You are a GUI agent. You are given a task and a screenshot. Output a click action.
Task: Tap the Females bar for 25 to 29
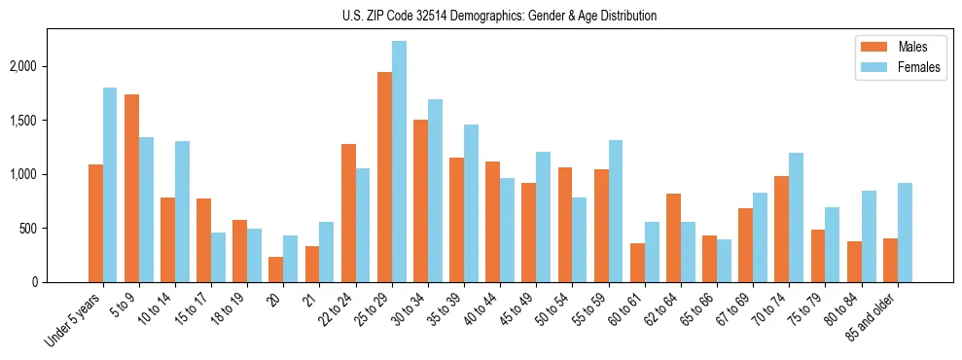[x=399, y=162]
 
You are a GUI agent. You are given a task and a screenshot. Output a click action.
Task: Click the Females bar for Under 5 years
[x=110, y=185]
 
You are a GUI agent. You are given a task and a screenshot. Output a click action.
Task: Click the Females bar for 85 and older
[x=905, y=233]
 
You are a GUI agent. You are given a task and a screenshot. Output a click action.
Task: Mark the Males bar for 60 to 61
[x=637, y=263]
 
